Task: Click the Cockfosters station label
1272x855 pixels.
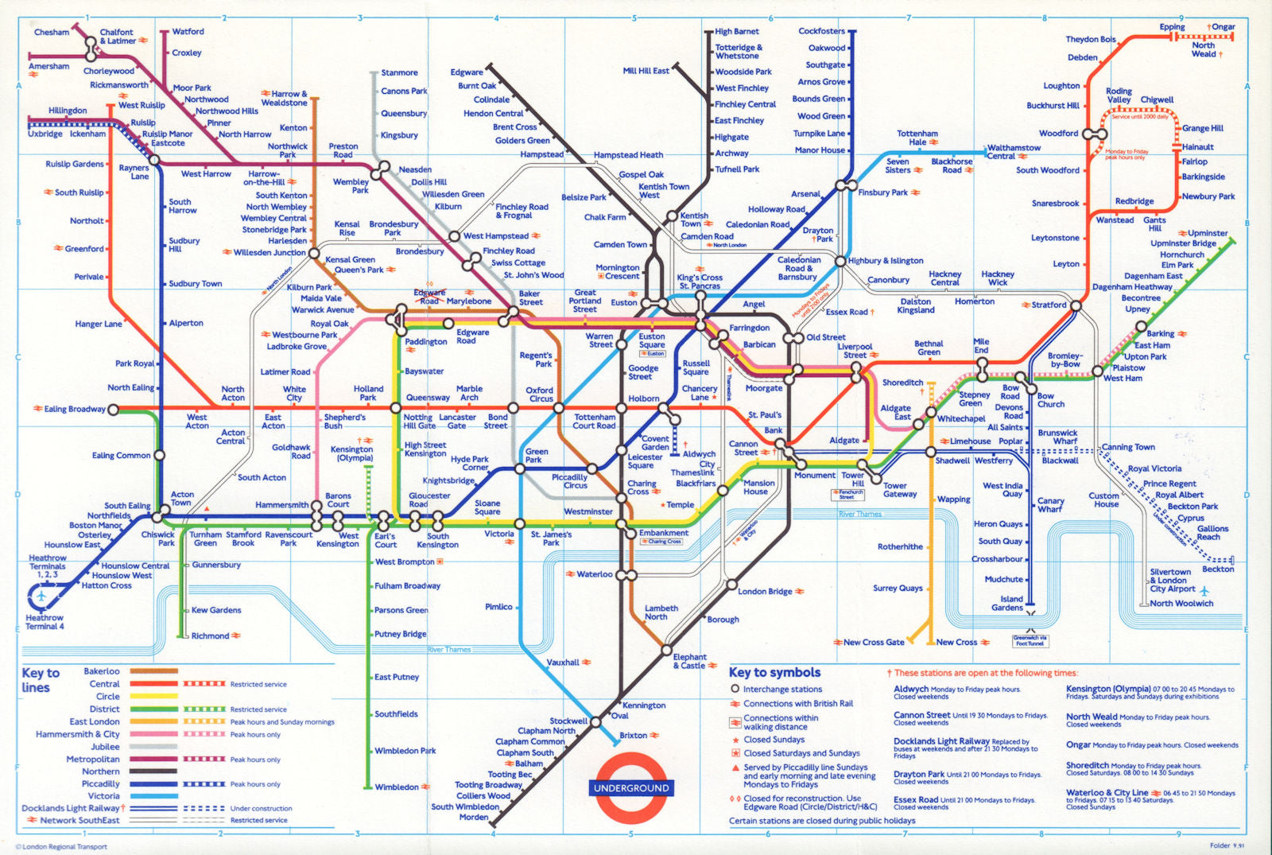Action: [x=821, y=31]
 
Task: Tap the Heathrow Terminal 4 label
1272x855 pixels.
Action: [x=45, y=622]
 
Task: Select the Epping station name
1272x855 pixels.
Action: [x=1172, y=27]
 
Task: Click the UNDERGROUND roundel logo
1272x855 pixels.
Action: [x=631, y=787]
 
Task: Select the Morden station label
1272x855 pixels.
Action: [x=474, y=817]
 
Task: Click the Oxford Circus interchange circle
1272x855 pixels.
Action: [x=513, y=408]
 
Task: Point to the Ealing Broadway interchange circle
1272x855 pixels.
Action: [x=113, y=410]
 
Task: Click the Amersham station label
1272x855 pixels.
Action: [x=49, y=67]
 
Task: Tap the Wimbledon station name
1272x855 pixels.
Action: [x=397, y=787]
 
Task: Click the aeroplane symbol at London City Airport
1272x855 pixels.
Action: [x=1204, y=590]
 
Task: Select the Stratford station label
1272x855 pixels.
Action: [x=1049, y=305]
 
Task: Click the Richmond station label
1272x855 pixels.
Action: [x=210, y=635]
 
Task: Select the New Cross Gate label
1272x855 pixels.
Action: [x=873, y=642]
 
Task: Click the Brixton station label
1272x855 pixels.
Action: [x=634, y=735]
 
